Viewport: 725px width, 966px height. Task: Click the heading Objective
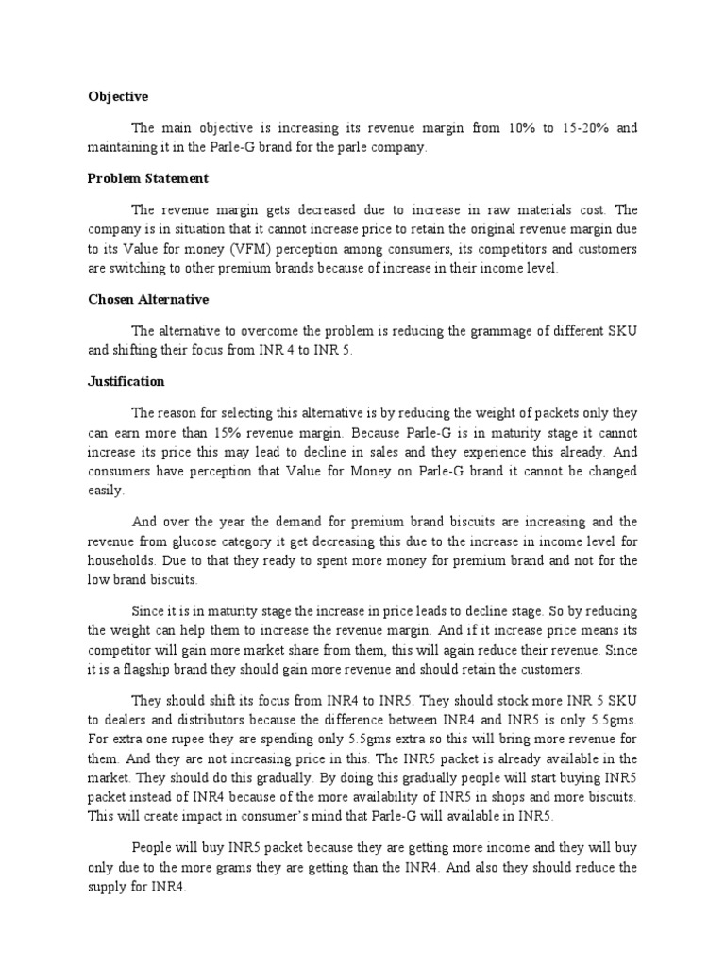pyautogui.click(x=118, y=96)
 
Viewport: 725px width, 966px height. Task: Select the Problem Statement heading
pyautogui.click(x=148, y=178)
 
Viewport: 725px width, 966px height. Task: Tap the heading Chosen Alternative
pyautogui.click(x=148, y=299)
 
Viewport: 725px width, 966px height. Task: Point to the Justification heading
pyautogui.click(x=126, y=381)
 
